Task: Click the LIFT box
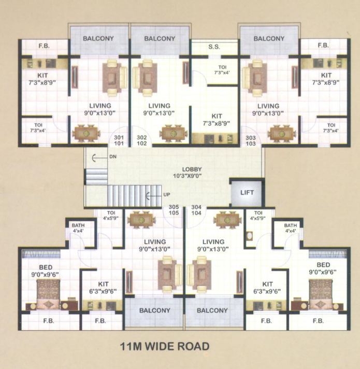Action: point(247,192)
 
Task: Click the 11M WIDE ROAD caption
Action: point(165,346)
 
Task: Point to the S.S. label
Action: point(214,47)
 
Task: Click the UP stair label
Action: point(167,195)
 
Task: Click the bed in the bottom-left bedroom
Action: point(48,294)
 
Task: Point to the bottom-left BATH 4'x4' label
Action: point(78,229)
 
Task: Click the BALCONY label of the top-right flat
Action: point(269,39)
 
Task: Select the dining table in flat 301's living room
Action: point(87,133)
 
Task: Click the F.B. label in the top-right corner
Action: point(323,46)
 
